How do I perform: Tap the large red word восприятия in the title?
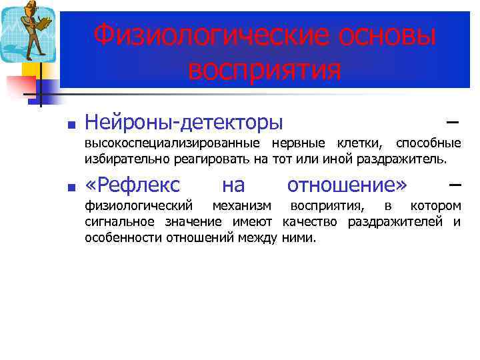265,69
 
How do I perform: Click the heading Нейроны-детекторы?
184,123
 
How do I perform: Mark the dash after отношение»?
455,184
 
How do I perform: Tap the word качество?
309,221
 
